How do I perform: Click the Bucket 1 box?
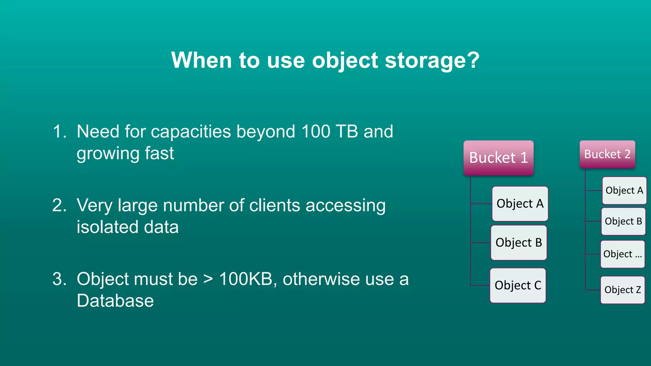[498, 158]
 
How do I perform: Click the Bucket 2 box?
[607, 154]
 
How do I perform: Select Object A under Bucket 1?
[520, 204]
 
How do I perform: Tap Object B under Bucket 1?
[519, 243]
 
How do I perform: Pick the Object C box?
[518, 285]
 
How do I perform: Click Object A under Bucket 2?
[624, 191]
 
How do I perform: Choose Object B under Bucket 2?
[623, 221]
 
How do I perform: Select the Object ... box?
[622, 254]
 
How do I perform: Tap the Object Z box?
[622, 290]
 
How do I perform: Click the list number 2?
[59, 205]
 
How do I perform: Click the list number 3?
[59, 279]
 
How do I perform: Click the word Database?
[115, 301]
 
